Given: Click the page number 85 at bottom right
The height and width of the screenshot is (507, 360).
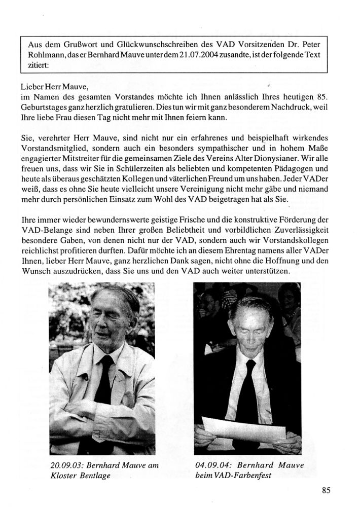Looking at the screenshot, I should [x=326, y=490].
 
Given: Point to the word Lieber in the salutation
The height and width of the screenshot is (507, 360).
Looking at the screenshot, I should [x=30, y=87].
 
